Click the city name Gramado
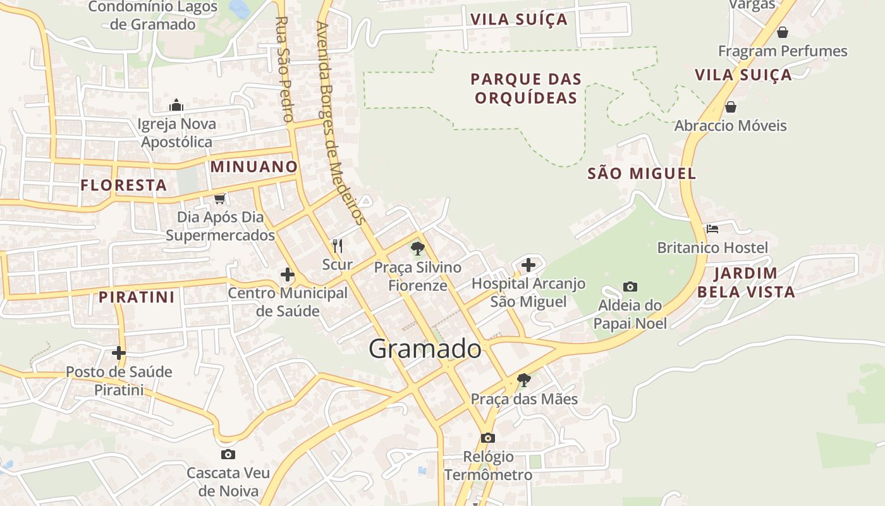click(425, 349)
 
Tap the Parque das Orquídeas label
click(526, 89)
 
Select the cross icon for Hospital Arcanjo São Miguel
click(528, 264)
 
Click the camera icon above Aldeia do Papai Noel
click(630, 287)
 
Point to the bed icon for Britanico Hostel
click(712, 229)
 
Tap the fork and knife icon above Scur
click(338, 245)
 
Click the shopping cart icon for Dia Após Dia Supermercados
click(219, 199)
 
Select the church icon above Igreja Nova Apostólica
click(176, 105)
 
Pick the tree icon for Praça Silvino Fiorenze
click(417, 248)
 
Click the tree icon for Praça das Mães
click(523, 380)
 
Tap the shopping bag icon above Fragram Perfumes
click(782, 32)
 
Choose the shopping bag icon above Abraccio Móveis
click(731, 106)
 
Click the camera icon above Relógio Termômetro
click(487, 438)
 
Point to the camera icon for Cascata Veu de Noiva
click(228, 454)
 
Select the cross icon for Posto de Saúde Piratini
click(119, 352)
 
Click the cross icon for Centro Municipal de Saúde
click(288, 275)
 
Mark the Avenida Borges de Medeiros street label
click(341, 123)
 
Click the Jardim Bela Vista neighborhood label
click(746, 283)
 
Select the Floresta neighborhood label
click(124, 185)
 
